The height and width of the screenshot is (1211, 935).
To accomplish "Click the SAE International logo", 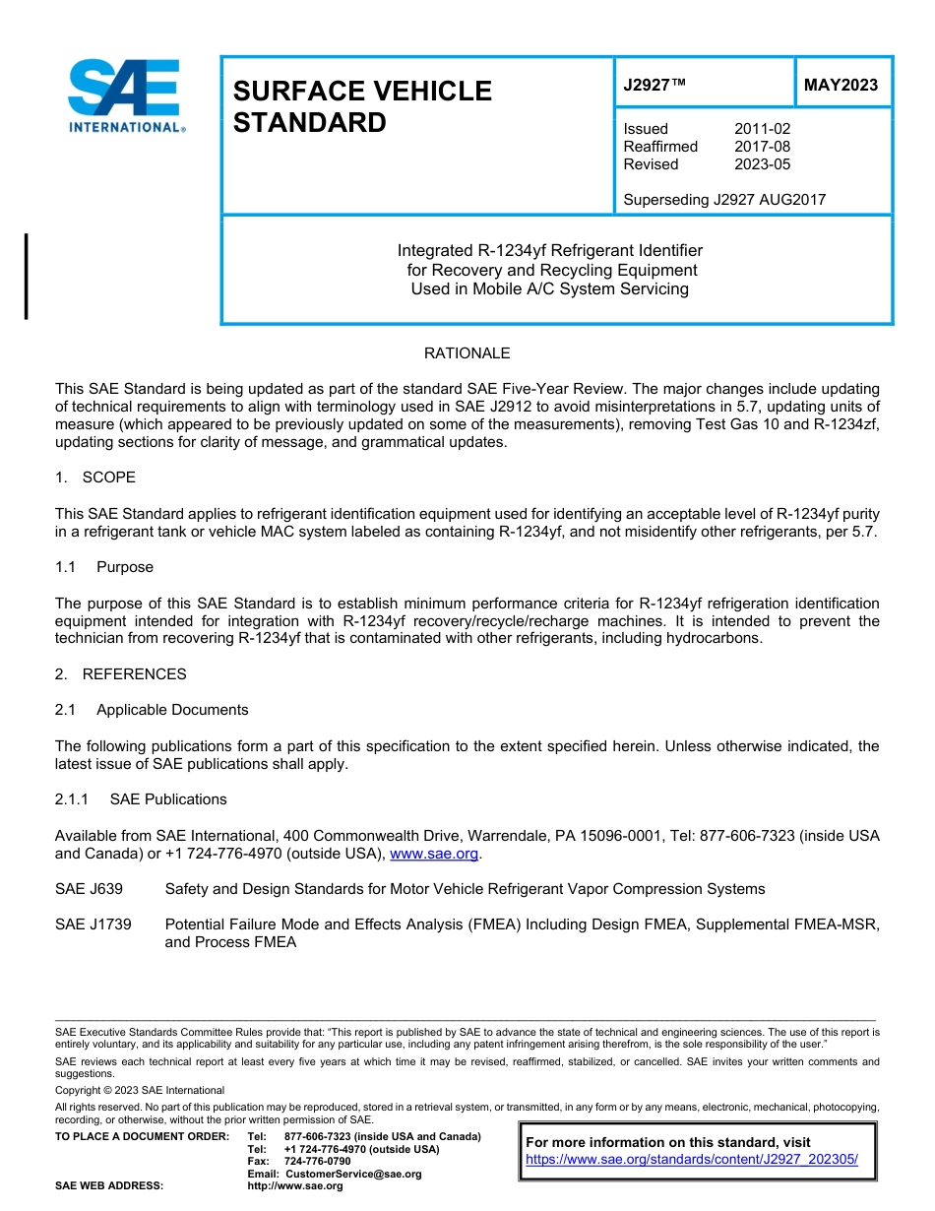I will tap(125, 96).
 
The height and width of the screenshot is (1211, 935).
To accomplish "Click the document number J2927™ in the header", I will tap(654, 86).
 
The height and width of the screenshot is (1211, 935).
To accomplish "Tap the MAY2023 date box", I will tap(841, 86).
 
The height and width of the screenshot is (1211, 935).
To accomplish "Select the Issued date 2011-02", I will tap(762, 129).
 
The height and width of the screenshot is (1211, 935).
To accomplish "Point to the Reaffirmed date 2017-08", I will tap(762, 147).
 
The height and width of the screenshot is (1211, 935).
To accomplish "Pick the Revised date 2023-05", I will tap(762, 164).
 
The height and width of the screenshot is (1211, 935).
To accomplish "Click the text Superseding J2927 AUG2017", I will tap(724, 200).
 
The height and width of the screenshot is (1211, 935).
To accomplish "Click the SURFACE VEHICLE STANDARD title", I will tap(361, 106).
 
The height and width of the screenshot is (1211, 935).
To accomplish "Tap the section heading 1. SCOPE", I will tap(95, 478).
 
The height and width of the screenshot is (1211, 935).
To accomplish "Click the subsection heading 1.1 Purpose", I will tap(104, 567).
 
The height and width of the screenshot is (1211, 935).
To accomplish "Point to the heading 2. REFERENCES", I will tap(120, 674).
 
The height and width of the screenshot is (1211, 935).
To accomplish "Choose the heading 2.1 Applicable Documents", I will tap(152, 710).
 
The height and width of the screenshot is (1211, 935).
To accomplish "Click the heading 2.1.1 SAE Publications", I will tap(141, 799).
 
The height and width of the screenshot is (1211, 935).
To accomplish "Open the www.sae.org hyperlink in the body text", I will tap(433, 855).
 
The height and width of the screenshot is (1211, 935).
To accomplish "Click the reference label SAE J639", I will tap(89, 889).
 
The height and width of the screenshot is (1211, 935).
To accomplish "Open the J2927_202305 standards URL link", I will tap(692, 1160).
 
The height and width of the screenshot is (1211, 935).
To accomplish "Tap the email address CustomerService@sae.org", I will tap(352, 1174).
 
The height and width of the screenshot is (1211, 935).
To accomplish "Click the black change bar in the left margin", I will tap(26, 277).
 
